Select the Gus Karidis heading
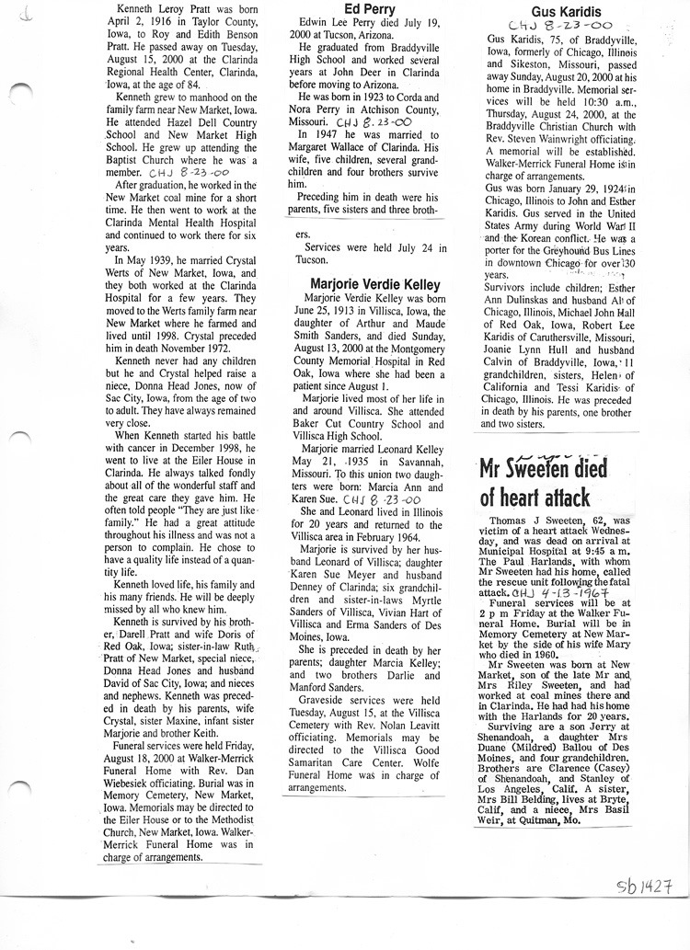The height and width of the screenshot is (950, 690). click(553, 12)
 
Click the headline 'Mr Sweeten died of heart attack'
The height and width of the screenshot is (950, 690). click(544, 484)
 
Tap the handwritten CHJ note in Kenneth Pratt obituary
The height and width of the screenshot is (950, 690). click(190, 172)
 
